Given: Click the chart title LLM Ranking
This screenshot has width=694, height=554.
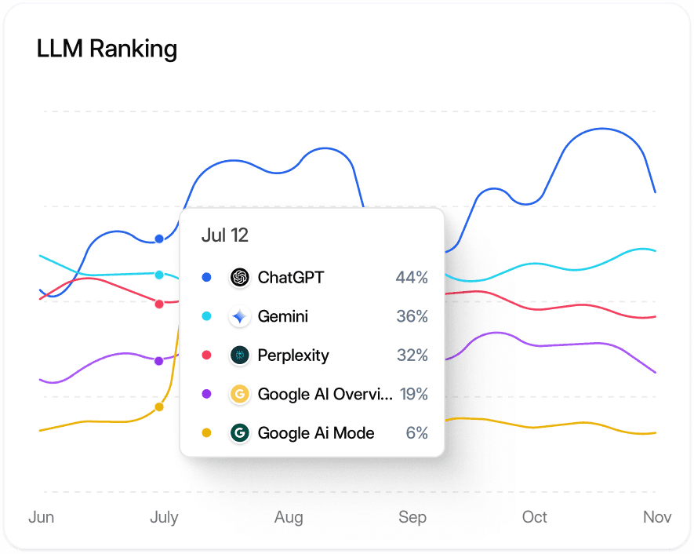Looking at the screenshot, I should pos(107,49).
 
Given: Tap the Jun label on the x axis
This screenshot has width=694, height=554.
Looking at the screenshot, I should pos(41,517).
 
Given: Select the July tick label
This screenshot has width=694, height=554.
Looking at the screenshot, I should pos(164,517).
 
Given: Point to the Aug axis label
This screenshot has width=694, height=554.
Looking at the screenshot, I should pos(289,517).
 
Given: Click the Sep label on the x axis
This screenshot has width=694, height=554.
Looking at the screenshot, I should pos(412,517).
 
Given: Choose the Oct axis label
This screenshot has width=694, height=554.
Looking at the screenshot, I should pos(535,517).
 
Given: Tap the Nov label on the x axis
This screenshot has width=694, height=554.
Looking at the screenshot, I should pos(657,517).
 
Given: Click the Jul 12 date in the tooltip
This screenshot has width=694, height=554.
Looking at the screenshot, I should pos(225,235).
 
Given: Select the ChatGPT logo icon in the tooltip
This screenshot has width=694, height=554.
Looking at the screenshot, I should pos(240,277).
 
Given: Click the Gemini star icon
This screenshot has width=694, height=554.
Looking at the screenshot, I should pos(240,316).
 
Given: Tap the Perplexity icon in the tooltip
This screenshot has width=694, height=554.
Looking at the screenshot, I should pos(240,355).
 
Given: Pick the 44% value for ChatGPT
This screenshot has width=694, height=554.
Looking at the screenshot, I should pos(412,277).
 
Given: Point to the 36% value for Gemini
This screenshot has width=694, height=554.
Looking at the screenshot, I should pos(412,316).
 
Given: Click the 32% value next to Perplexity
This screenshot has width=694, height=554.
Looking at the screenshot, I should pos(412,355).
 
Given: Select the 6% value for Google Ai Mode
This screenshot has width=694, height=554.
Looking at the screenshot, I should pos(417,433).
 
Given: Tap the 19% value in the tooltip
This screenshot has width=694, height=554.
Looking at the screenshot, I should pos(413,394).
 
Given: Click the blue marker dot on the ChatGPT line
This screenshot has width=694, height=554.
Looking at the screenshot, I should pos(159,239).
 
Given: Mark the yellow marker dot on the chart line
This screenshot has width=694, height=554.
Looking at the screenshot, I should pos(159,406).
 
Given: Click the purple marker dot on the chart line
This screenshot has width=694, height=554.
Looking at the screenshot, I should pos(159,361).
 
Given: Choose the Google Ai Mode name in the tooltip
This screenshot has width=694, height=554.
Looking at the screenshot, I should pos(316,433).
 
